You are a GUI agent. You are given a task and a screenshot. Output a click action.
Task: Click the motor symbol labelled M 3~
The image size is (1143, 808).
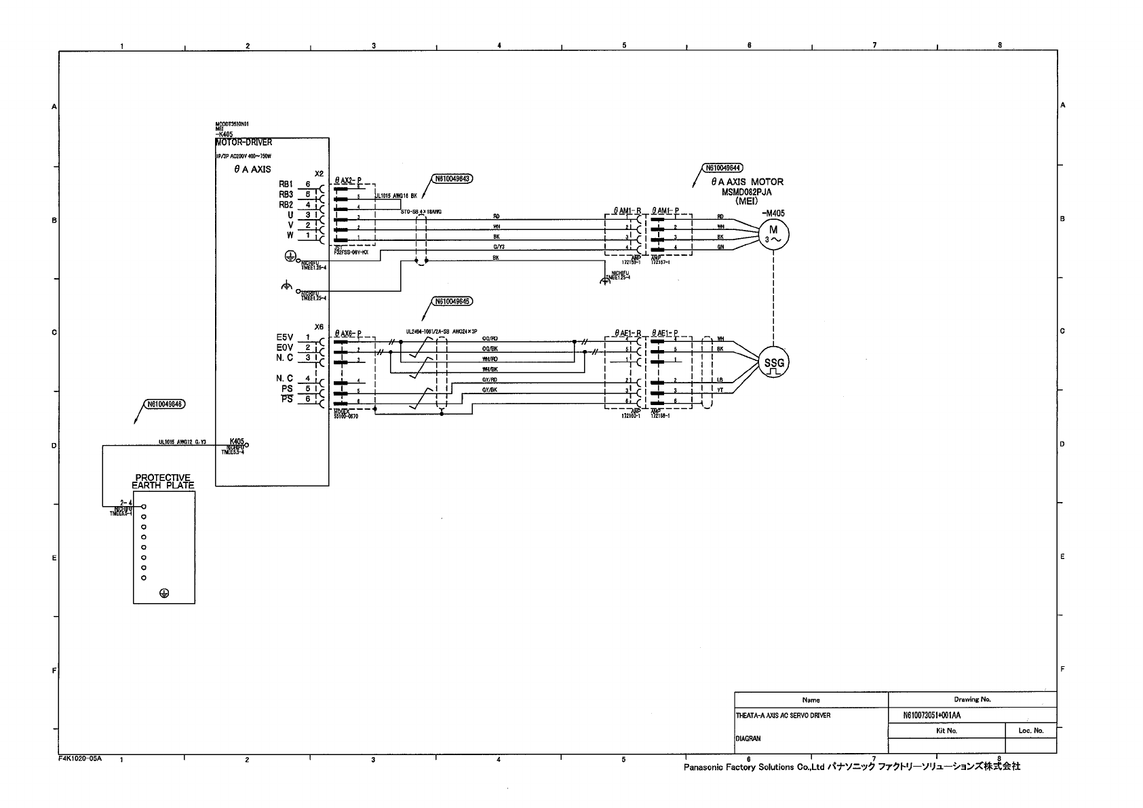click(x=773, y=234)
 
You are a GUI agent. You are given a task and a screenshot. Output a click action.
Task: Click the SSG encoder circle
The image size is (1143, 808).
click(x=774, y=364)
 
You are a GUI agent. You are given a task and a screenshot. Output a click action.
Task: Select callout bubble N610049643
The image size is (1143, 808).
click(x=452, y=179)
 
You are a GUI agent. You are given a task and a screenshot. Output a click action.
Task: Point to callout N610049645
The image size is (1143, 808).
click(x=452, y=301)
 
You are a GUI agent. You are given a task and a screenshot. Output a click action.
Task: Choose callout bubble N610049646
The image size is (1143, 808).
click(x=164, y=404)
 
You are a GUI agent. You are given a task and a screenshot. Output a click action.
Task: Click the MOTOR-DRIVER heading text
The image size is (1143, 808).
click(x=244, y=142)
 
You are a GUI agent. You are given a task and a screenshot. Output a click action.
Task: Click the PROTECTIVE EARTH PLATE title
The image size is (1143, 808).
click(x=163, y=482)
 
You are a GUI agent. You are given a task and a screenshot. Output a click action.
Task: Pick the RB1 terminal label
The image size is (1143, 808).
click(x=286, y=184)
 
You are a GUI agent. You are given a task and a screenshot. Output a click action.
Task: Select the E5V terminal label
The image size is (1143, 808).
click(x=284, y=337)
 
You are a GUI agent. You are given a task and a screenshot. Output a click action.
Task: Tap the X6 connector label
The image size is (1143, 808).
click(x=319, y=326)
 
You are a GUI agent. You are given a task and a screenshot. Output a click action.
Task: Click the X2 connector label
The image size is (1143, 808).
click(x=319, y=174)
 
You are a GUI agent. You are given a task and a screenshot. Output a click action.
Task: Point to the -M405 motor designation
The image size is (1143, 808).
click(x=773, y=212)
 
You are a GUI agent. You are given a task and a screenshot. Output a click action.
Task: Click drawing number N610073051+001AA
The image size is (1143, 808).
click(x=932, y=715)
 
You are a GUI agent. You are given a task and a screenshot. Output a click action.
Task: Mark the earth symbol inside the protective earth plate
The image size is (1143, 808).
click(x=163, y=593)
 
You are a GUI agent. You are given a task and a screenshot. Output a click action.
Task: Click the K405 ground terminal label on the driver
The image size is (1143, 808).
click(x=237, y=441)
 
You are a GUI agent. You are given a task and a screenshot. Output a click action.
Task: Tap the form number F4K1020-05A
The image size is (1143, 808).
click(x=80, y=759)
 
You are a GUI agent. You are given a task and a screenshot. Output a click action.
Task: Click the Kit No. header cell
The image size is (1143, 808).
click(x=946, y=731)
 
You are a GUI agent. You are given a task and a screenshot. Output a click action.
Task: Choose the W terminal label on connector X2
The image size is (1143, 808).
click(x=290, y=235)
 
